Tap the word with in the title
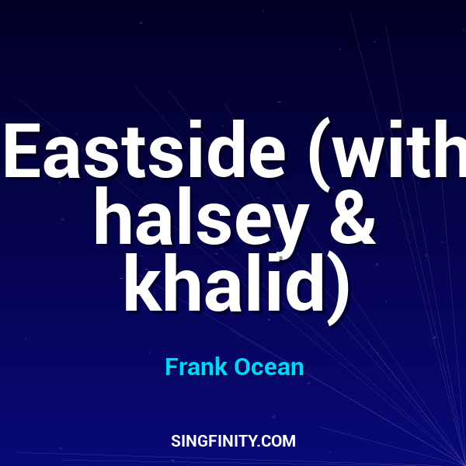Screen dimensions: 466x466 tap(404, 151)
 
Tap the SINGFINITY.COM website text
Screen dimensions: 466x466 tap(233, 441)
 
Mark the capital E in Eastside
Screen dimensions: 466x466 tap(23, 151)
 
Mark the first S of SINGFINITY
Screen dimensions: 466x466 tap(175, 441)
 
